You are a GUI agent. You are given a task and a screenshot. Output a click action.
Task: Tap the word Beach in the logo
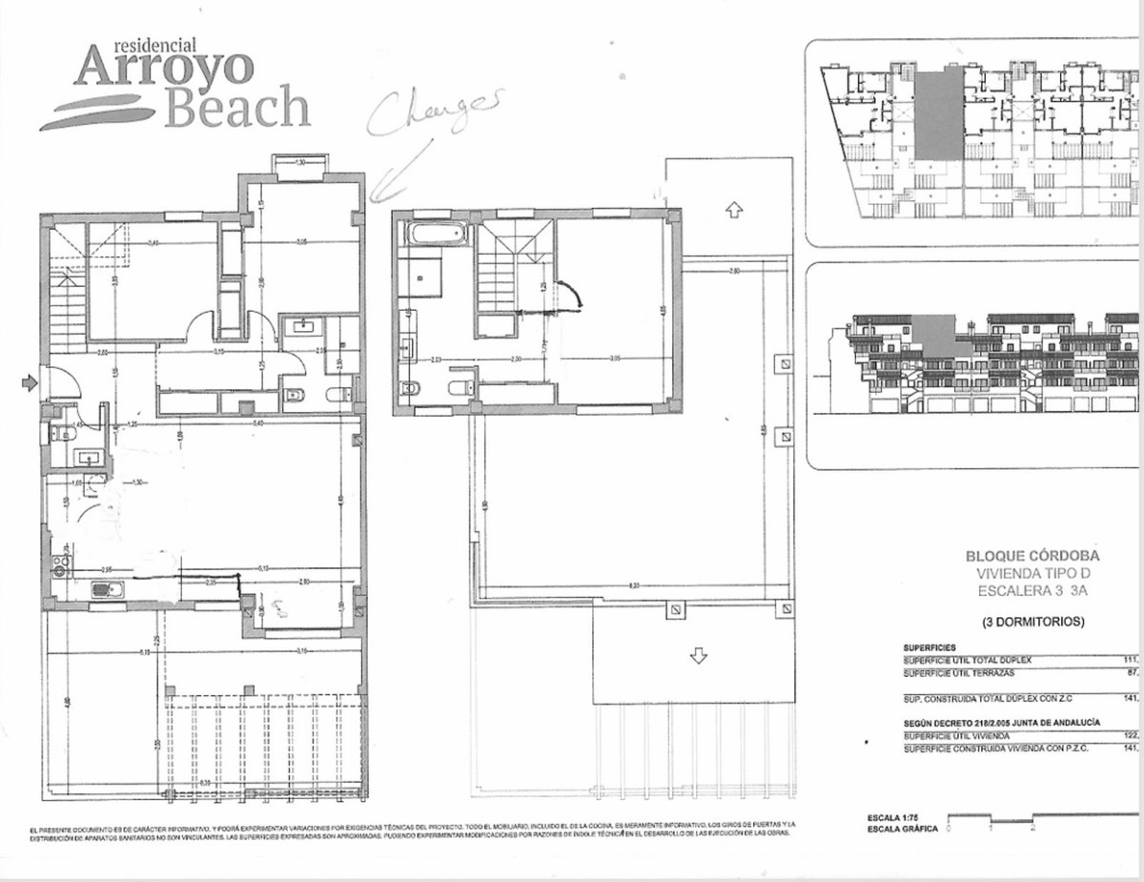tap(236, 108)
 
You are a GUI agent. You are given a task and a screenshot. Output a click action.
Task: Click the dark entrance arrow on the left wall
tap(30, 382)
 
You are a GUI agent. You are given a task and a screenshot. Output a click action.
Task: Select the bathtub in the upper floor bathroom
tap(434, 234)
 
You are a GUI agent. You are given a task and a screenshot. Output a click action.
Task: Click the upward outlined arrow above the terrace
tap(732, 210)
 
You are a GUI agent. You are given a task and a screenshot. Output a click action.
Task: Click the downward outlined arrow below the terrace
tap(699, 656)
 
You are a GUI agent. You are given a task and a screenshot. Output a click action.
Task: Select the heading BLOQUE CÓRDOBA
tap(1032, 555)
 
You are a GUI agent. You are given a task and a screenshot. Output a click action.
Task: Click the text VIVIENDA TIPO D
tap(1032, 573)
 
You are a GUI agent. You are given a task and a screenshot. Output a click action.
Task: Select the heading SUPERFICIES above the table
tap(930, 647)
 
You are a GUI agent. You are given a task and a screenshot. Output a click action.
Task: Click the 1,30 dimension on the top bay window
tap(300, 163)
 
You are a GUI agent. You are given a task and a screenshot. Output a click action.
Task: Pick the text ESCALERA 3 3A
tap(1032, 590)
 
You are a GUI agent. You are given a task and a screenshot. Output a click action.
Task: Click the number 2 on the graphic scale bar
tap(1033, 830)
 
